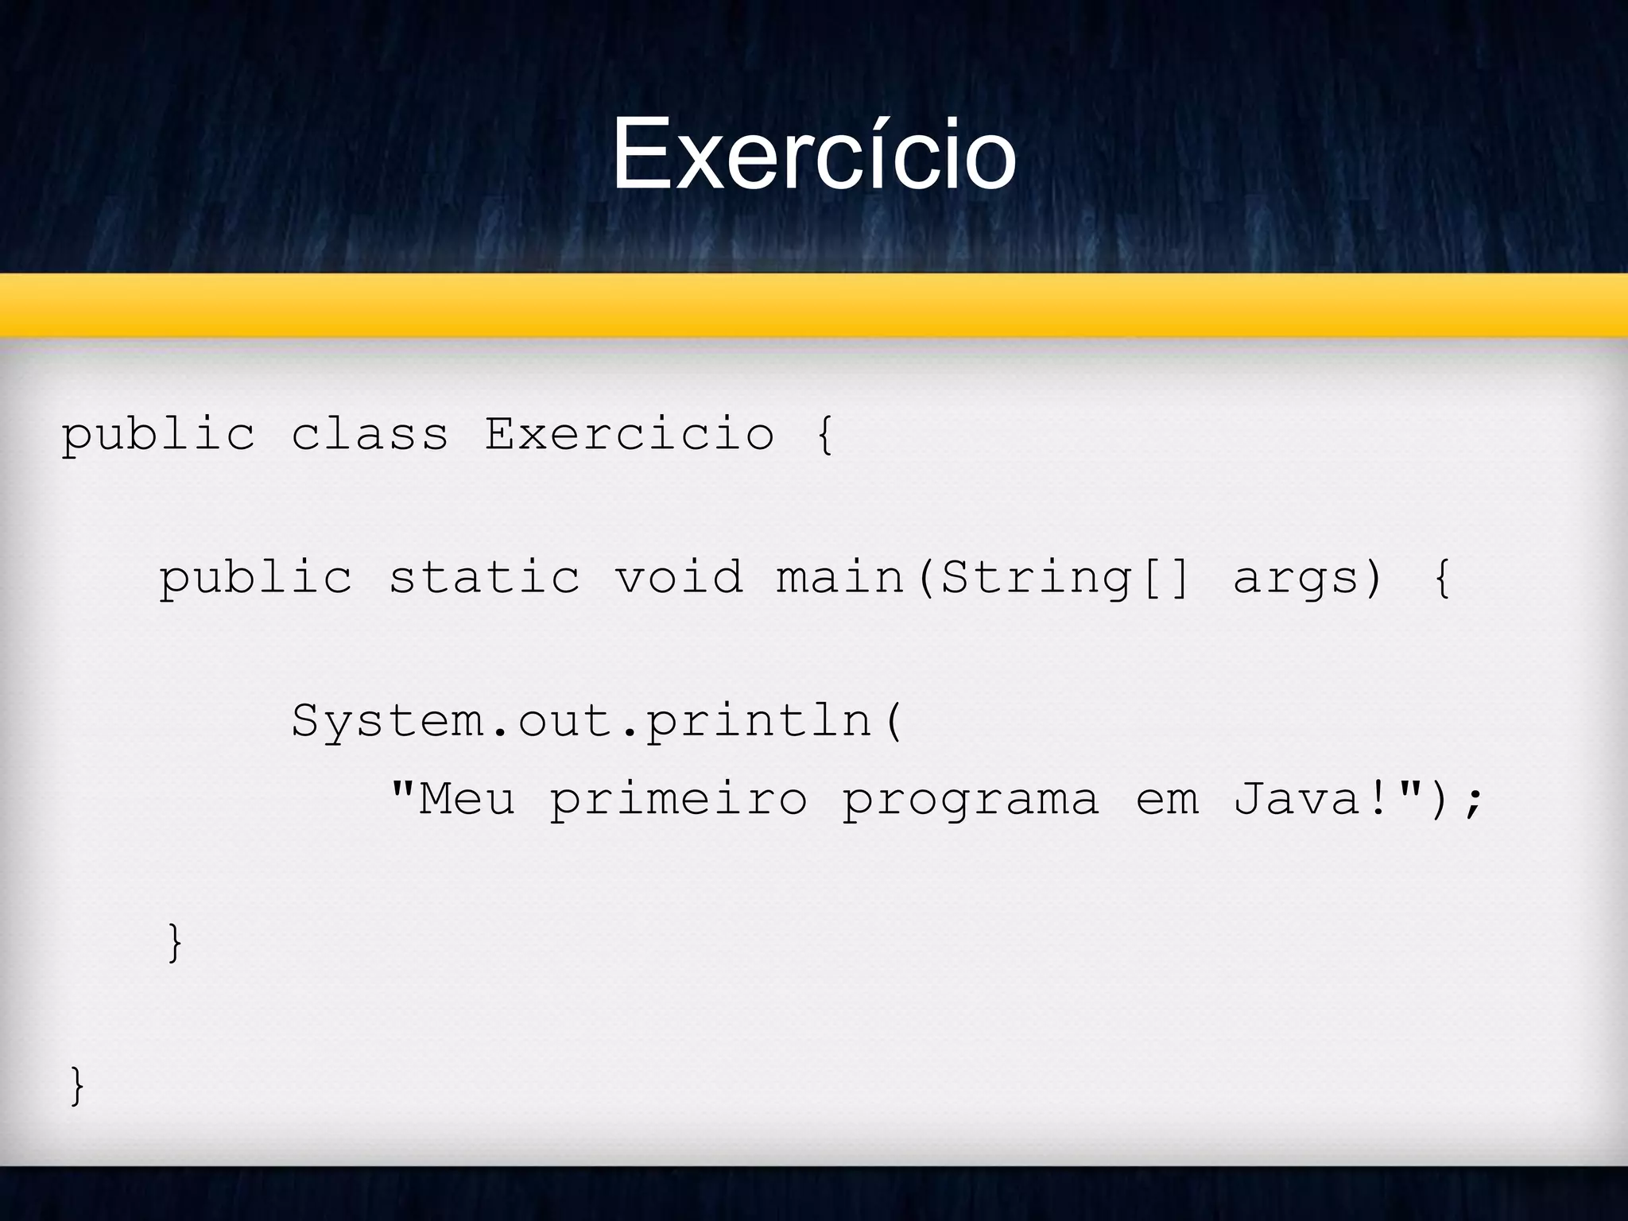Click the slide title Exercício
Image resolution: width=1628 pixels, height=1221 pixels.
(x=813, y=155)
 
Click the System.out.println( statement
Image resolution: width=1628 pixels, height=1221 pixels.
(x=597, y=721)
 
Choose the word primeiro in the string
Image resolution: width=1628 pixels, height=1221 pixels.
(x=679, y=798)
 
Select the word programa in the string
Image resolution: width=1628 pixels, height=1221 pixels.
(x=971, y=798)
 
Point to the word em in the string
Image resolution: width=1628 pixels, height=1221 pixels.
(x=1167, y=798)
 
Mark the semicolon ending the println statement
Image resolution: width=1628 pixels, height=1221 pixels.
(x=1473, y=800)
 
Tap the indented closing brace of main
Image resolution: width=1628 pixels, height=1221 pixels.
(x=175, y=943)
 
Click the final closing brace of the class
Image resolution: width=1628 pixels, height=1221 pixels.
(x=77, y=1085)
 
